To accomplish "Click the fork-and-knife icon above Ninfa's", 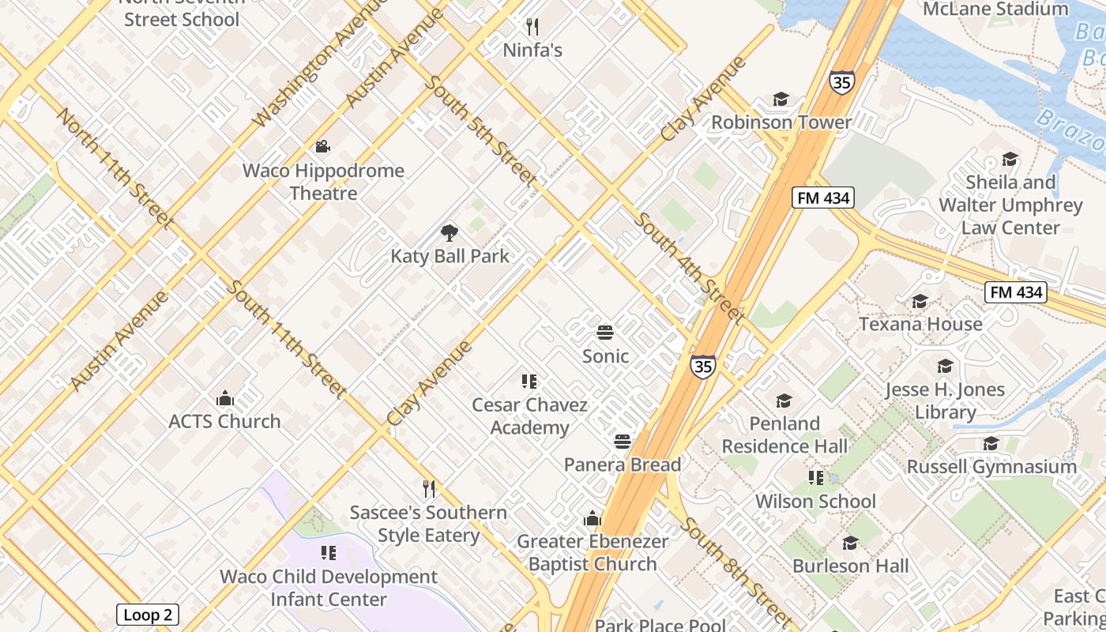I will pyautogui.click(x=532, y=27).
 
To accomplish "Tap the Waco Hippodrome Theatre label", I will pyautogui.click(x=323, y=182).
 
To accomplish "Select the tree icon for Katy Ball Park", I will pyautogui.click(x=450, y=233).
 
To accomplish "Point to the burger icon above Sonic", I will pyautogui.click(x=605, y=333).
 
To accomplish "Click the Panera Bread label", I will pyautogui.click(x=623, y=465).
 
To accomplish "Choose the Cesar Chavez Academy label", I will pyautogui.click(x=529, y=416).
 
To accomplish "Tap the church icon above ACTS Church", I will pyautogui.click(x=225, y=398).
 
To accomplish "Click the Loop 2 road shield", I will pyautogui.click(x=148, y=615).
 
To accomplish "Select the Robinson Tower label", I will pyautogui.click(x=781, y=122).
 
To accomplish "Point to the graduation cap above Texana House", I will pyautogui.click(x=920, y=301).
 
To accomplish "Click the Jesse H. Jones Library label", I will pyautogui.click(x=945, y=401).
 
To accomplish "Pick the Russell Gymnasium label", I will pyautogui.click(x=991, y=467).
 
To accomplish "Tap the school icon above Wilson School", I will pyautogui.click(x=815, y=478).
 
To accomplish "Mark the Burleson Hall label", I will pyautogui.click(x=850, y=566).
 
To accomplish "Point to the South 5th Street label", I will pyautogui.click(x=480, y=131).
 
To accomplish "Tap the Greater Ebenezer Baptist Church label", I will pyautogui.click(x=592, y=552).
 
